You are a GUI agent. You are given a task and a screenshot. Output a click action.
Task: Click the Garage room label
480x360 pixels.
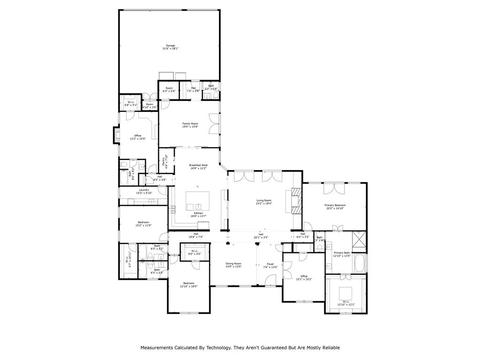(170, 45)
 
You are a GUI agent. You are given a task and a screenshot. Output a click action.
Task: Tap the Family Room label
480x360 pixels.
(190, 124)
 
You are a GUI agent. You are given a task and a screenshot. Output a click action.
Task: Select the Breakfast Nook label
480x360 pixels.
(198, 165)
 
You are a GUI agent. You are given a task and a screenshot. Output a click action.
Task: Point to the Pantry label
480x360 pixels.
(164, 161)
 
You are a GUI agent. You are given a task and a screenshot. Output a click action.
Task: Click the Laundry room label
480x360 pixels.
(143, 190)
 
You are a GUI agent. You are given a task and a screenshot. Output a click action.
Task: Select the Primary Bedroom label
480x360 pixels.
(335, 205)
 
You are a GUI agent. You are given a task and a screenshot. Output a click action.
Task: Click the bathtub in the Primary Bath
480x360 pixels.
(360, 263)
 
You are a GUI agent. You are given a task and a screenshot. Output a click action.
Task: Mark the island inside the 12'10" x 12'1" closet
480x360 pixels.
(346, 291)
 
